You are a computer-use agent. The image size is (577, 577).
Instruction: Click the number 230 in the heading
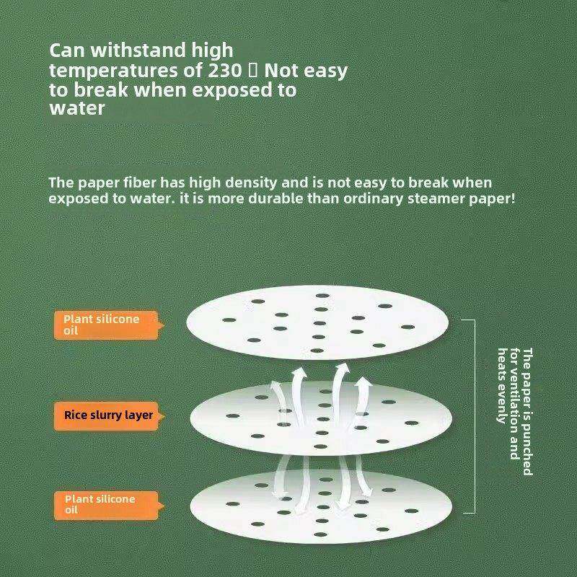pos(224,70)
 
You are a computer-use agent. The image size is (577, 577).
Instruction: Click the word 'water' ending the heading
pos(77,108)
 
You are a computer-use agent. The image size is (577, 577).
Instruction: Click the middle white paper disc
pos(320,418)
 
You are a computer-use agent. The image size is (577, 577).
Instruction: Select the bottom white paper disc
pos(320,507)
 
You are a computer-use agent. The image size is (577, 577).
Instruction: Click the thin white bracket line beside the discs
pos(475,416)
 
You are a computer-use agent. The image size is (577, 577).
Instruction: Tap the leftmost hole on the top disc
pos(229,320)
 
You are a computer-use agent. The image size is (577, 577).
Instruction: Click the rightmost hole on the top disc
pos(408,327)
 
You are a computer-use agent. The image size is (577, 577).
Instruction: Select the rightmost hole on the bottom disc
pos(411,511)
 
